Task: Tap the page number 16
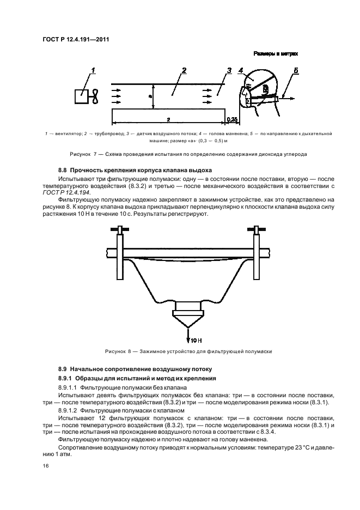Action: (x=46, y=466)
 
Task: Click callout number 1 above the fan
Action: (x=93, y=70)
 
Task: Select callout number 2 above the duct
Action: (x=184, y=70)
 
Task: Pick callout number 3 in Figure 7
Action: (x=229, y=70)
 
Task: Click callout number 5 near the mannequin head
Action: (x=296, y=71)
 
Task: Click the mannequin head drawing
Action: (x=262, y=90)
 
